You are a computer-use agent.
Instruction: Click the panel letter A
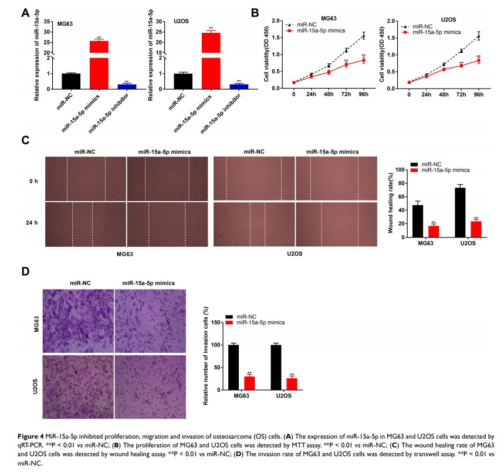click(x=26, y=12)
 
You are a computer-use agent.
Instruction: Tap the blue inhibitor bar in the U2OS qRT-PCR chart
click(x=239, y=86)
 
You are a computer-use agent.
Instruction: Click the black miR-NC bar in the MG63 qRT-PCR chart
click(x=71, y=81)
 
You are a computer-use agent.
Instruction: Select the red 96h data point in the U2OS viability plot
click(x=479, y=60)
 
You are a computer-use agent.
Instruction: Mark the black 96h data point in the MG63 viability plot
click(x=364, y=36)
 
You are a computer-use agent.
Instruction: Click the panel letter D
click(x=26, y=272)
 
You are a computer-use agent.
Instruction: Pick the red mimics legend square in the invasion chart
click(x=229, y=322)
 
